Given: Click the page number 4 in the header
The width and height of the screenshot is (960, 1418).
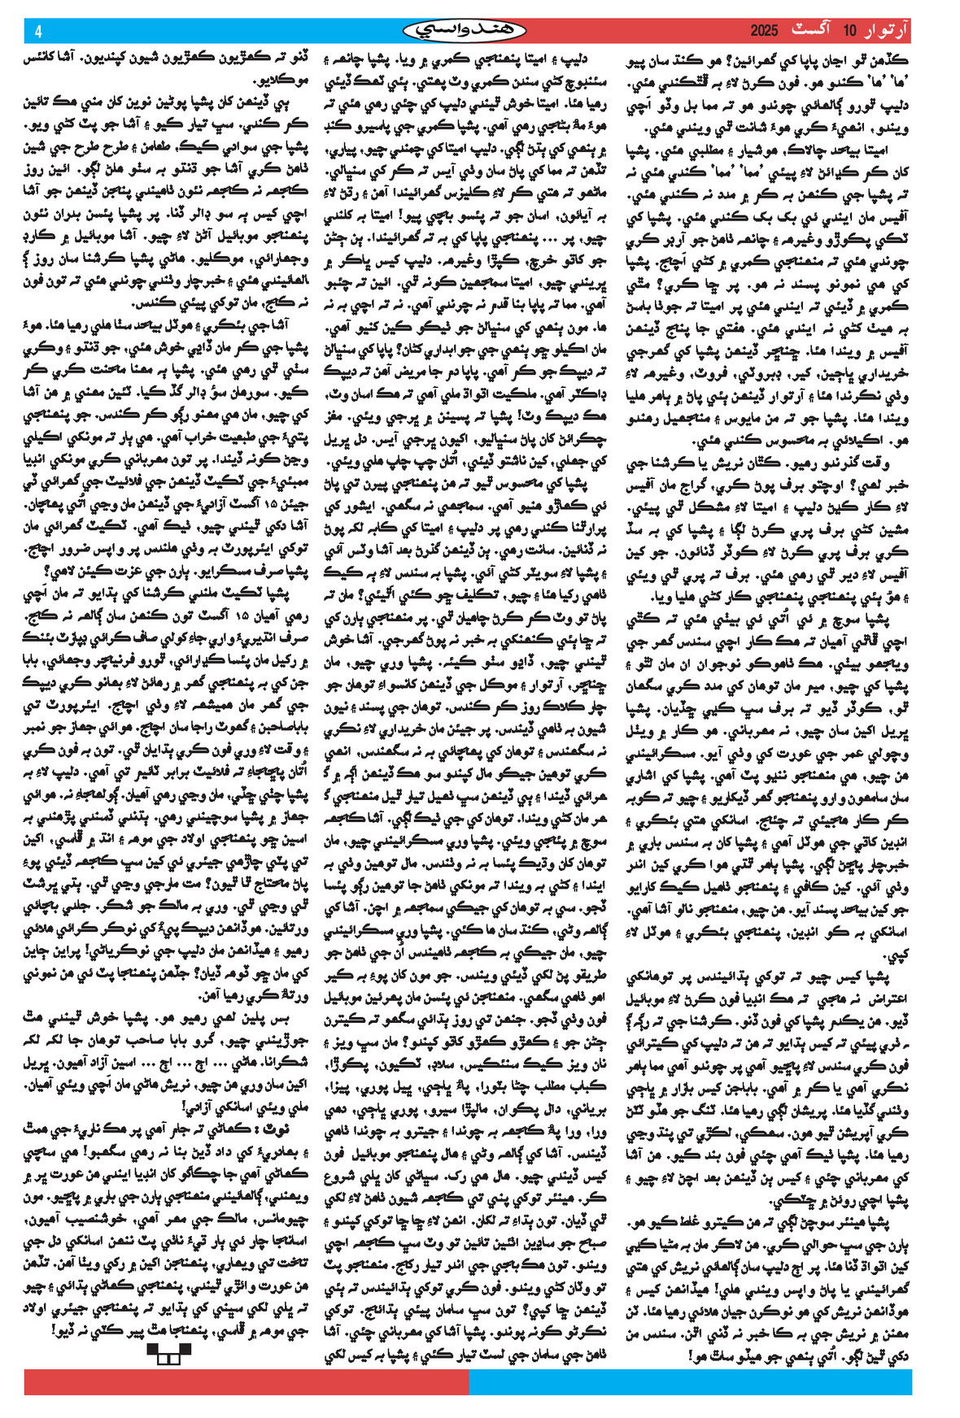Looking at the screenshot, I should (x=38, y=31).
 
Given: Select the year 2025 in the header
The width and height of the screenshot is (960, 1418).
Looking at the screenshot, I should (x=764, y=31).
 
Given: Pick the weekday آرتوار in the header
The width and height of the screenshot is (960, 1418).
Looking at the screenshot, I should (x=886, y=31).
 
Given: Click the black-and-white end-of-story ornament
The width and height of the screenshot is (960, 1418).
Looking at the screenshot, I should (x=168, y=1352).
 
